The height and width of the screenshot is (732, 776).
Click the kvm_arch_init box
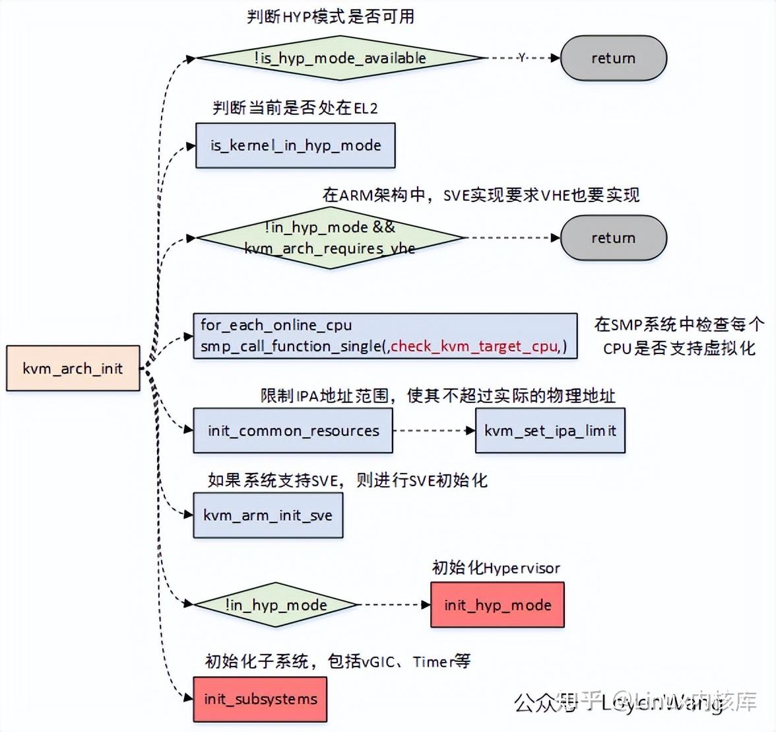coord(73,368)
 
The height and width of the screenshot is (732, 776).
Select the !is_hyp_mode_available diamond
coord(340,58)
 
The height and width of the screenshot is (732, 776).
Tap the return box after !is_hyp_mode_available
coord(613,58)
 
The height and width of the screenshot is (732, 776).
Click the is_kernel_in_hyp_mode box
coord(295,145)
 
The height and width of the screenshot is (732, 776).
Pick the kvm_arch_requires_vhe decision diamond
coord(330,238)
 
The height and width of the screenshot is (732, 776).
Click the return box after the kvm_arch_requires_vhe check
coord(613,238)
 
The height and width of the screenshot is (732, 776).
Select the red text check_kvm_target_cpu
coord(474,346)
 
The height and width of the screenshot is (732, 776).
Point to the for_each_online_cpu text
coord(276,324)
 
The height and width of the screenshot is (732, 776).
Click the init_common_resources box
coord(292,431)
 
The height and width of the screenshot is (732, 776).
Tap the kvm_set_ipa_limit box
coord(550,431)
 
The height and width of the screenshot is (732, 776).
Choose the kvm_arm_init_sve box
coord(268,515)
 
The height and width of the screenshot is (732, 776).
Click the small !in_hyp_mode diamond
coord(276,604)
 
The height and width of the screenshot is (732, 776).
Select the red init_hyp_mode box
coord(498,604)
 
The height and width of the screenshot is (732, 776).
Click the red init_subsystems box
coord(260,699)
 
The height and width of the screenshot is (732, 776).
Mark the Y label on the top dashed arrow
coord(522,58)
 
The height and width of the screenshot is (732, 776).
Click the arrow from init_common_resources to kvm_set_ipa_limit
coord(434,431)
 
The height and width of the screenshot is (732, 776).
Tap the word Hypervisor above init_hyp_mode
coord(522,568)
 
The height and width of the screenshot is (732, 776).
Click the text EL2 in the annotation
coord(366,108)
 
